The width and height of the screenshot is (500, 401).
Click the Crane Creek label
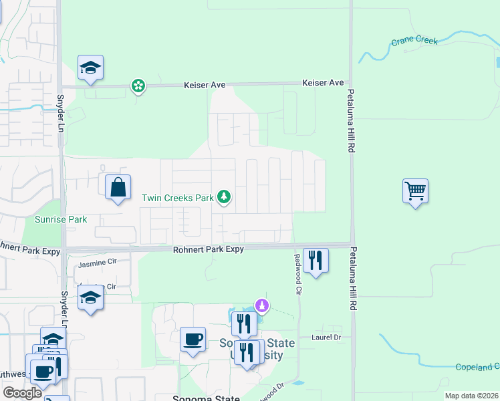414,41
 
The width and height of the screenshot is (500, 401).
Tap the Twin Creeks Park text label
177,198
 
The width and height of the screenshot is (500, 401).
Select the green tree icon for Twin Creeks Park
225,197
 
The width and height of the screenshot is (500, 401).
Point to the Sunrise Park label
61,219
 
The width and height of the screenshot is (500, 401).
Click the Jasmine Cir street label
97,265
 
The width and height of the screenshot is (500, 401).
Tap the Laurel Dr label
326,338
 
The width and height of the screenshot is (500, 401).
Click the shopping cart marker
415,192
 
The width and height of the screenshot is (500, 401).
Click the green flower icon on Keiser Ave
138,86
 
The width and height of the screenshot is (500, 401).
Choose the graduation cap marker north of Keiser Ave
90,68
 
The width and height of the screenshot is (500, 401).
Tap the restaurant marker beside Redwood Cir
316,259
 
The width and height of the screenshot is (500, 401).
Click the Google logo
21,393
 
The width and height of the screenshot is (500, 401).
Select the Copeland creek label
477,367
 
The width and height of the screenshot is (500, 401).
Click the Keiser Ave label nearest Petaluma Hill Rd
323,83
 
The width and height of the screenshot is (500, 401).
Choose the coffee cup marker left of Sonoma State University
193,340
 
